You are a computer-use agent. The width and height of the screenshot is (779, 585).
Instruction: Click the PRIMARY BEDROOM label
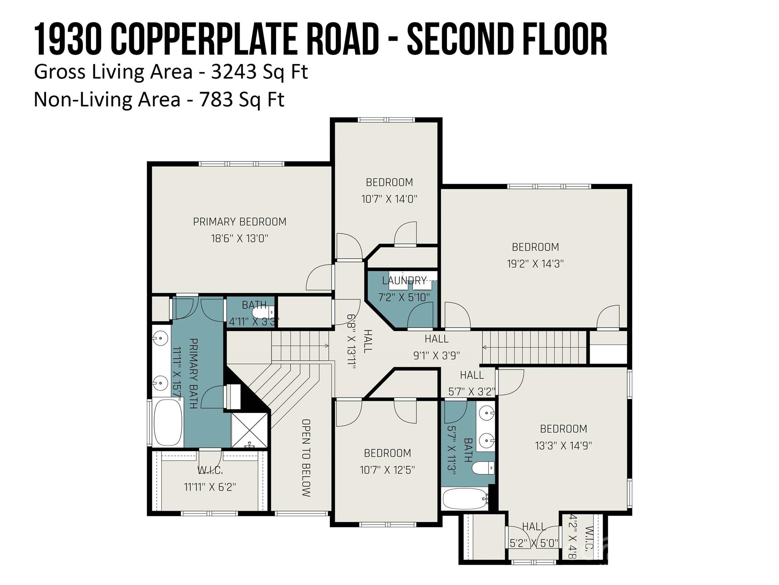(240, 222)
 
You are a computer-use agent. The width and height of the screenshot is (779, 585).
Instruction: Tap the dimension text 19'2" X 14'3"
(535, 264)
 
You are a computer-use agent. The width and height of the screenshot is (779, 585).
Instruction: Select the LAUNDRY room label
(404, 281)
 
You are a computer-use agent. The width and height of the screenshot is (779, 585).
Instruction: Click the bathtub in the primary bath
(168, 422)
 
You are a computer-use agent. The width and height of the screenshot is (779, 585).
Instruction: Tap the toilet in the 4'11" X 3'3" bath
(263, 312)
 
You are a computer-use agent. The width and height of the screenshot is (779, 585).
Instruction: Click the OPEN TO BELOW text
(306, 458)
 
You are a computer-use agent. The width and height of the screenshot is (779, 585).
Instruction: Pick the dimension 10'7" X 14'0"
(389, 199)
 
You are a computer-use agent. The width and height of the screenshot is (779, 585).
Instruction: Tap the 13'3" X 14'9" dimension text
(563, 446)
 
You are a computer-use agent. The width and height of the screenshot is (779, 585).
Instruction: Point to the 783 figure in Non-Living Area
(216, 99)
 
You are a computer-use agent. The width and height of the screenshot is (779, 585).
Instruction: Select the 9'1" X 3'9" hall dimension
(437, 355)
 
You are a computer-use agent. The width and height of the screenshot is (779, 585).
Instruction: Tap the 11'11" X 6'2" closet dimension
(210, 487)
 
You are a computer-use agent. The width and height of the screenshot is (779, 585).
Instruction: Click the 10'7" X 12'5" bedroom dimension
(387, 470)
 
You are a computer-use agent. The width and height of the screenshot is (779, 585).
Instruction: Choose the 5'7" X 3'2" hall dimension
(472, 392)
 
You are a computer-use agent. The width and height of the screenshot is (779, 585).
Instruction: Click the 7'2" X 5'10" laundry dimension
(404, 297)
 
